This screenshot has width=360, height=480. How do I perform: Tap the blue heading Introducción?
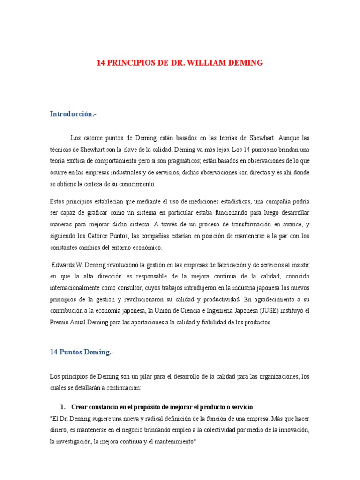(x=73, y=114)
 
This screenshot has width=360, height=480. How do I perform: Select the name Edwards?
(x=63, y=265)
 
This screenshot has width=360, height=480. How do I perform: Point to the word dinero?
(x=60, y=430)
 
